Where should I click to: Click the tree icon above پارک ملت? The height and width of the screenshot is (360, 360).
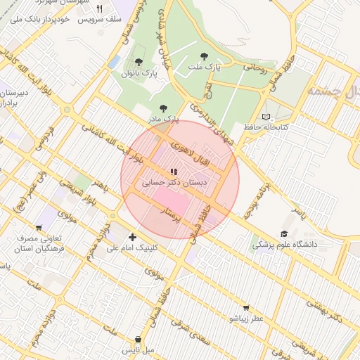tap(204, 55)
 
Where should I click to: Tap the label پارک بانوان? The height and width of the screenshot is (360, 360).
tap(139, 73)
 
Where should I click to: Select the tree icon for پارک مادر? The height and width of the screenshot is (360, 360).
tap(164, 108)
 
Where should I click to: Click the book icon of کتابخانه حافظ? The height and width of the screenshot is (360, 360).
tap(265, 117)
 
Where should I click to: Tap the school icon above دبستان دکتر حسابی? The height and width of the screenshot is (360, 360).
tap(173, 171)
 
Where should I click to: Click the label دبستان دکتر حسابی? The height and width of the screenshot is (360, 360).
tap(175, 182)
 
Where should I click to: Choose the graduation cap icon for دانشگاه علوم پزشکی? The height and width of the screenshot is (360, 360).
tap(284, 233)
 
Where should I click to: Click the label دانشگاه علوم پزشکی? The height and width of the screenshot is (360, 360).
tap(285, 245)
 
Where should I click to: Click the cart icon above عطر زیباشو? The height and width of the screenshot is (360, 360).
tap(245, 307)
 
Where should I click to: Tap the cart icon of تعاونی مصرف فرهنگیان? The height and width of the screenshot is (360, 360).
tap(39, 227)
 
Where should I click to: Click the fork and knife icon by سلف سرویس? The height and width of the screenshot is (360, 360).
tap(99, 8)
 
